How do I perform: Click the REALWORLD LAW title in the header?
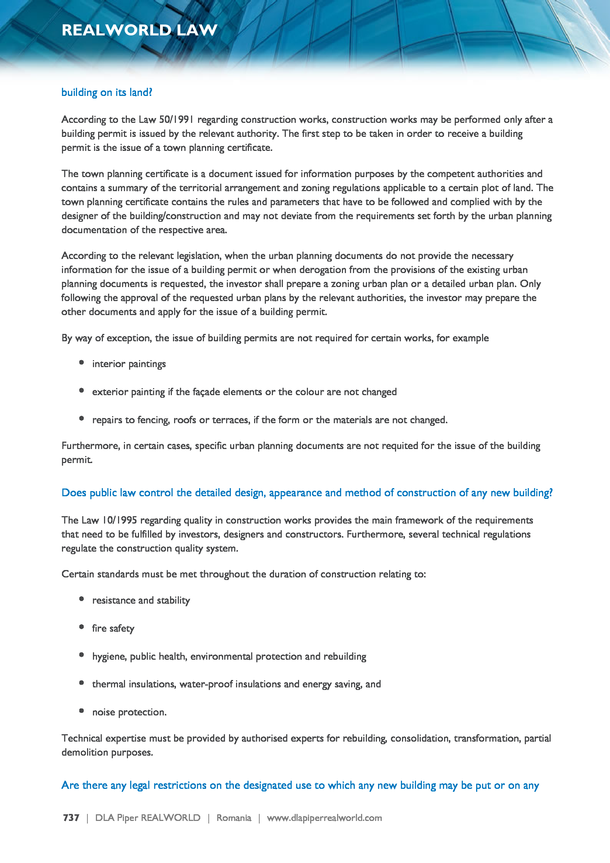pos(139,30)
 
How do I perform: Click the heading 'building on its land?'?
pos(107,93)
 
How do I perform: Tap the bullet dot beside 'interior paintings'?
pos(82,363)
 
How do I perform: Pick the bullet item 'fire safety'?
pos(113,628)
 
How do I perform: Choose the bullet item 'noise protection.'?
pos(129,712)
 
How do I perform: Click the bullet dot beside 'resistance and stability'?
pos(82,599)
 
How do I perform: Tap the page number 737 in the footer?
pos(71,818)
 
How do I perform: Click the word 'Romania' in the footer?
pos(233,818)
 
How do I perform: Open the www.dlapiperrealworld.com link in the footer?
pos(324,818)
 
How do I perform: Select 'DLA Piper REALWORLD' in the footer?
pos(148,818)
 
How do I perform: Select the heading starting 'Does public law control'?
pos(307,493)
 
